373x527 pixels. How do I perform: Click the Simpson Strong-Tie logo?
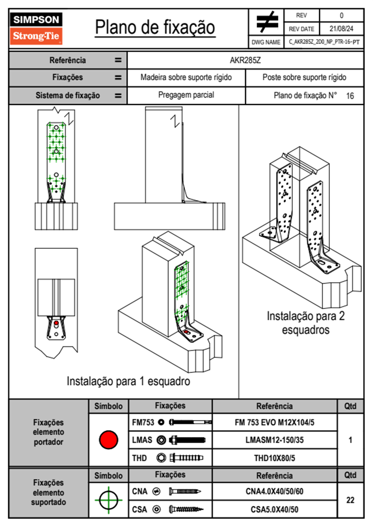pos(36,29)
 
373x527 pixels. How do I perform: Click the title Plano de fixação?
pos(155,27)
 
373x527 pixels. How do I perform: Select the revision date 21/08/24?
pos(341,29)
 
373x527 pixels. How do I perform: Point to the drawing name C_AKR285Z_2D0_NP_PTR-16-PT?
pos(324,42)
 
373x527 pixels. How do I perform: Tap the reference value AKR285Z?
pos(245,60)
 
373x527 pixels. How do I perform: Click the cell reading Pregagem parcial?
pos(186,95)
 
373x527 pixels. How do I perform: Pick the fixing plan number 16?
pos(350,96)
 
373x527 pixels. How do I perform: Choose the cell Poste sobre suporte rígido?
pos(304,77)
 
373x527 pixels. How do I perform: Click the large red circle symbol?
pos(108,440)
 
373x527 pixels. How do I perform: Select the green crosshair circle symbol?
pos(108,500)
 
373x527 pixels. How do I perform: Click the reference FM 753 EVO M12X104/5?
pos(274,422)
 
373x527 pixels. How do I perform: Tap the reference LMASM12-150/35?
pos(274,440)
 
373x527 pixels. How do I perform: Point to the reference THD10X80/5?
pos(274,458)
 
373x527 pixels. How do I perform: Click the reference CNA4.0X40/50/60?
pos(274,491)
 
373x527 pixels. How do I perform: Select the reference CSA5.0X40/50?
pos(274,509)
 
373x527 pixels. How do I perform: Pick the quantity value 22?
pos(350,500)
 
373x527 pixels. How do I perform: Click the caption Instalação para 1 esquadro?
pos(128,381)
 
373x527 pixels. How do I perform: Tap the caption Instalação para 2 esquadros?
pos(306,323)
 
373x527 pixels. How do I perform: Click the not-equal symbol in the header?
pos(267,22)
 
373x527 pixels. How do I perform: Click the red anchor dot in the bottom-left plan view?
pos(56,323)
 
